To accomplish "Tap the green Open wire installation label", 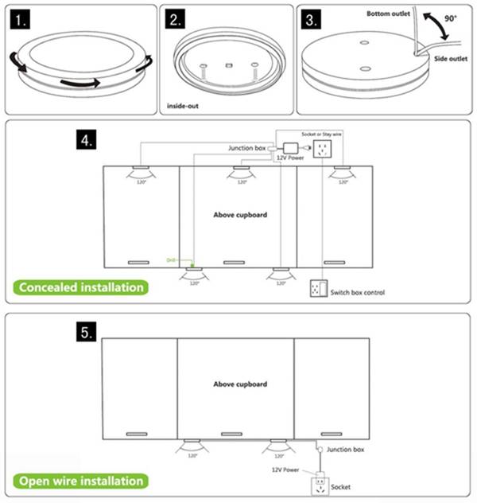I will point(80,481).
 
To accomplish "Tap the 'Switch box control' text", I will point(357,293).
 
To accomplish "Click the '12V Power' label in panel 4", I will point(291,158).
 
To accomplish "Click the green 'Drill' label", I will point(170,260).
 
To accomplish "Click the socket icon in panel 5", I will point(320,482).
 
